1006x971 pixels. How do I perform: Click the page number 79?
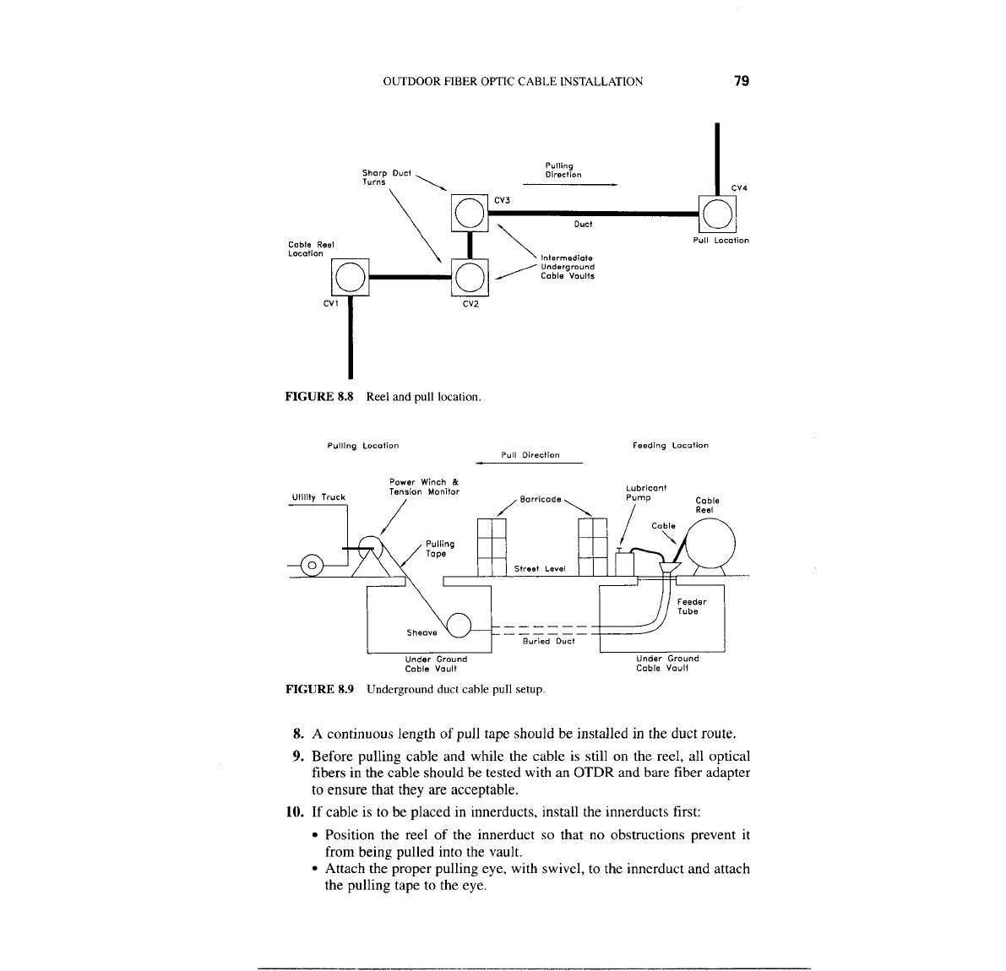tap(742, 81)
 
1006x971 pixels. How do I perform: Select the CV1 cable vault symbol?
tap(351, 276)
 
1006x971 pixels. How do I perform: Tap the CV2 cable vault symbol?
tap(470, 276)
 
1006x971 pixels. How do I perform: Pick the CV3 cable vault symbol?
tap(470, 212)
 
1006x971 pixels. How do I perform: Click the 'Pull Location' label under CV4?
tap(721, 241)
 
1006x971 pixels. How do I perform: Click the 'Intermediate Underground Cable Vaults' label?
tap(567, 267)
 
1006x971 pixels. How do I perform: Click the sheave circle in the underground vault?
tap(459, 625)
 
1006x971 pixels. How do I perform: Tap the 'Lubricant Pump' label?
tap(646, 492)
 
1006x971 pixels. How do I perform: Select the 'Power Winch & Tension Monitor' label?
tap(424, 487)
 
